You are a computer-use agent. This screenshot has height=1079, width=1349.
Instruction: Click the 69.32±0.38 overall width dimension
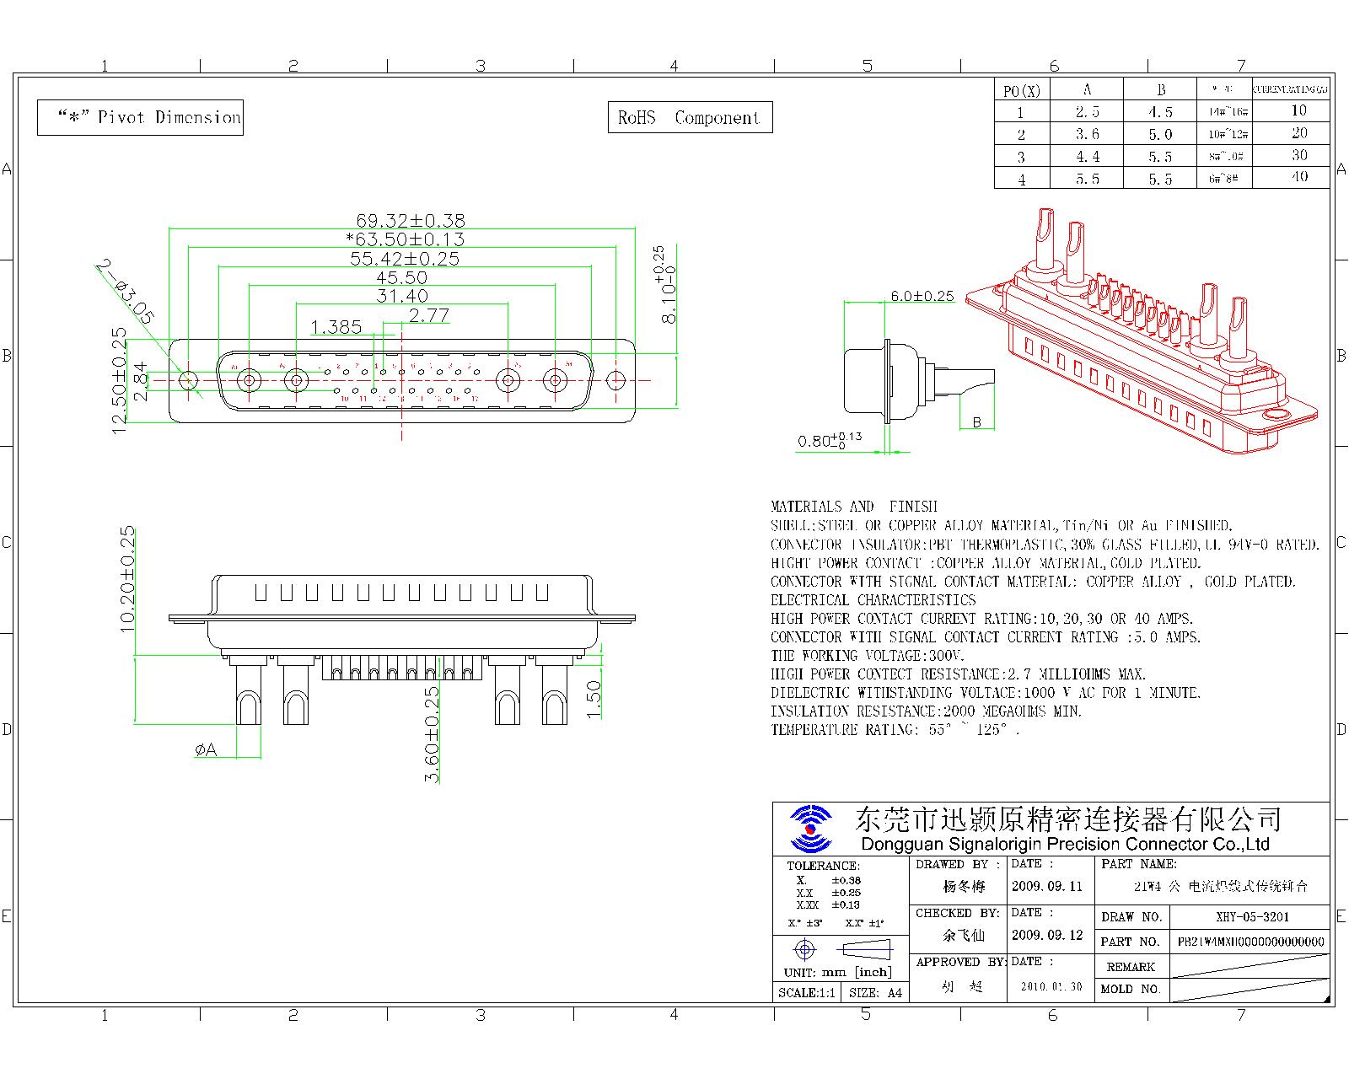tap(410, 220)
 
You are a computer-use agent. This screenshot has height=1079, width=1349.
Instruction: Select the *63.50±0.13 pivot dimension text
tap(405, 239)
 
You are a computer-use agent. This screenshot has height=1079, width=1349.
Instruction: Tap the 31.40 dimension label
tap(402, 296)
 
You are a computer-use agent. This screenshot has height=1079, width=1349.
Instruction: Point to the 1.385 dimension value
tap(336, 327)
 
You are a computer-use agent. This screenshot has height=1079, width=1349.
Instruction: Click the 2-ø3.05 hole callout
tap(125, 292)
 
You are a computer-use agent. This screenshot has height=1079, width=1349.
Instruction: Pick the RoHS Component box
tap(690, 118)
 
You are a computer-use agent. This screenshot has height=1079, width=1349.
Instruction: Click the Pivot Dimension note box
tap(141, 117)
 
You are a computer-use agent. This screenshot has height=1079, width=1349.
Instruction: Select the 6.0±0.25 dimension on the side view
tap(922, 296)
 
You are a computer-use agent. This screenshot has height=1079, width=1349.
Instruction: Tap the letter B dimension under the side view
tap(977, 422)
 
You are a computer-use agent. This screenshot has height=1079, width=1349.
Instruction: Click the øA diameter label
tap(206, 749)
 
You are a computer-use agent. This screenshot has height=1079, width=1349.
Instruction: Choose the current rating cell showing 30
tap(1298, 155)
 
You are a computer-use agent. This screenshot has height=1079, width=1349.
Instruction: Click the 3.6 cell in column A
tap(1088, 134)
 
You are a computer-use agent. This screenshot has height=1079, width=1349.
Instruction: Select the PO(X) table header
tap(1022, 90)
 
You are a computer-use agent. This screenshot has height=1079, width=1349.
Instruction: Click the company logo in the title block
tap(810, 829)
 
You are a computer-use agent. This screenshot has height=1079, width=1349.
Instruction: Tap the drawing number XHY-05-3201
tap(1252, 917)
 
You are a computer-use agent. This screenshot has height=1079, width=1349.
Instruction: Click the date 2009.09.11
tap(1046, 887)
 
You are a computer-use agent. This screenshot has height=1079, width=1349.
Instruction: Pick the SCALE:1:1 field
tap(806, 993)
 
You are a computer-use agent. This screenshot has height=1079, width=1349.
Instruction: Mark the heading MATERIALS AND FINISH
tap(853, 507)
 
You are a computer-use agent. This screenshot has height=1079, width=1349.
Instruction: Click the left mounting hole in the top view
tap(188, 380)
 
